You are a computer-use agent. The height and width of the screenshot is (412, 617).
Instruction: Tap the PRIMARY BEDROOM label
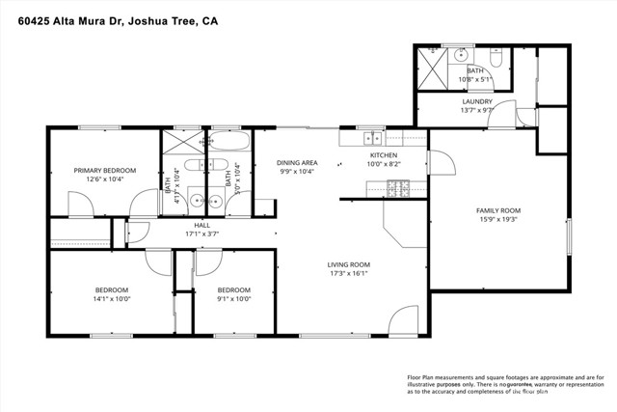[x=105, y=170]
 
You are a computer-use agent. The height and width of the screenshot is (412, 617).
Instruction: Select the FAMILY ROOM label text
[x=498, y=210]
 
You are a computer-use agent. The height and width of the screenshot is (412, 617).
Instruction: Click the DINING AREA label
[x=297, y=162]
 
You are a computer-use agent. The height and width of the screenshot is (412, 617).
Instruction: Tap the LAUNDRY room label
[x=477, y=101]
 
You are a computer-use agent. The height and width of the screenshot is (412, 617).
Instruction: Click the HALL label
[x=202, y=224]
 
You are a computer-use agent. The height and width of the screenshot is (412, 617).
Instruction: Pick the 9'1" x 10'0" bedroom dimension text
[x=233, y=299]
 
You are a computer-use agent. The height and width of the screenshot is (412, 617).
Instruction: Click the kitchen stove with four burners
[x=397, y=189]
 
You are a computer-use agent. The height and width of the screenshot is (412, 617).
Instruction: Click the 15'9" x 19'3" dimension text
[x=498, y=220]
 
